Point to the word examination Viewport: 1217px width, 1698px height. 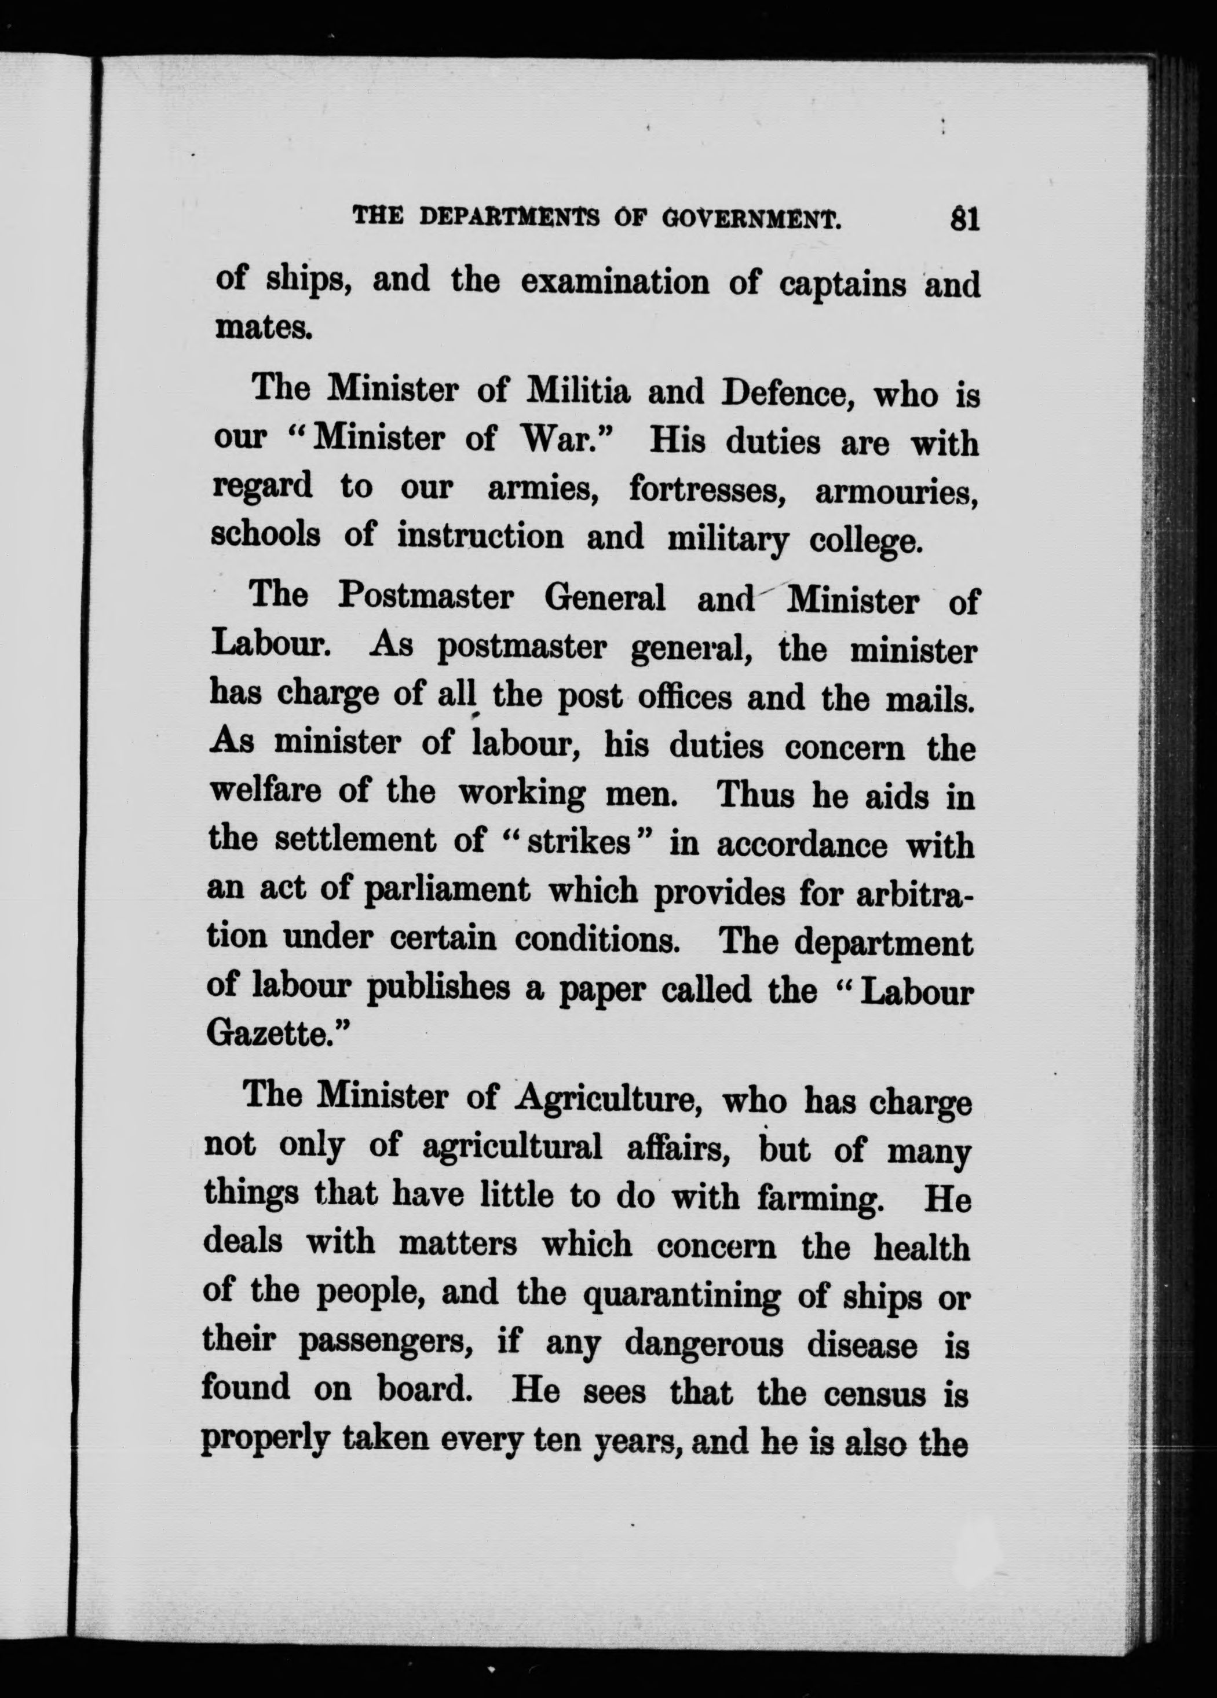click(x=614, y=283)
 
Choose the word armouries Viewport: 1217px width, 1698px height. click(x=897, y=493)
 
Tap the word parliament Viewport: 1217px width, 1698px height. click(x=447, y=892)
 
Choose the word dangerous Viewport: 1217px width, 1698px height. click(x=703, y=1345)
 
